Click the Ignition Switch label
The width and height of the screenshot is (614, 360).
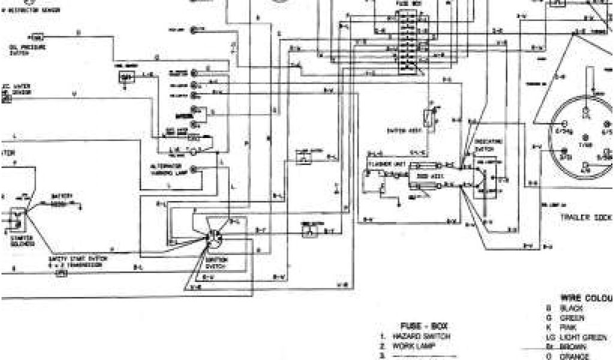[216, 262]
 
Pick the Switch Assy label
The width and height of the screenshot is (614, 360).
[400, 130]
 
